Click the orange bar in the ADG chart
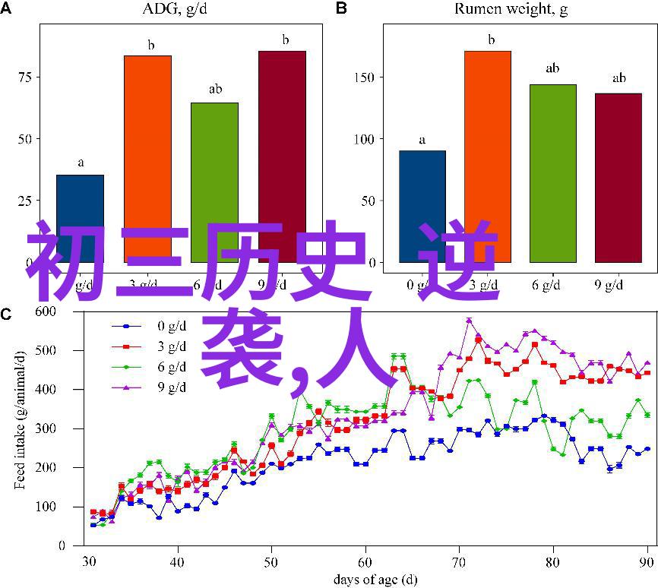[x=147, y=152]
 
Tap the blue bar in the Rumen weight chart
[x=422, y=198]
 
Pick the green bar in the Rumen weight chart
[x=553, y=167]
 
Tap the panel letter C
[x=7, y=315]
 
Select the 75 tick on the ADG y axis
[x=29, y=77]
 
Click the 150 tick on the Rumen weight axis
[x=364, y=77]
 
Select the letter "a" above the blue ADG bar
[x=80, y=163]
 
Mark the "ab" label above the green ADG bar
[x=215, y=90]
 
